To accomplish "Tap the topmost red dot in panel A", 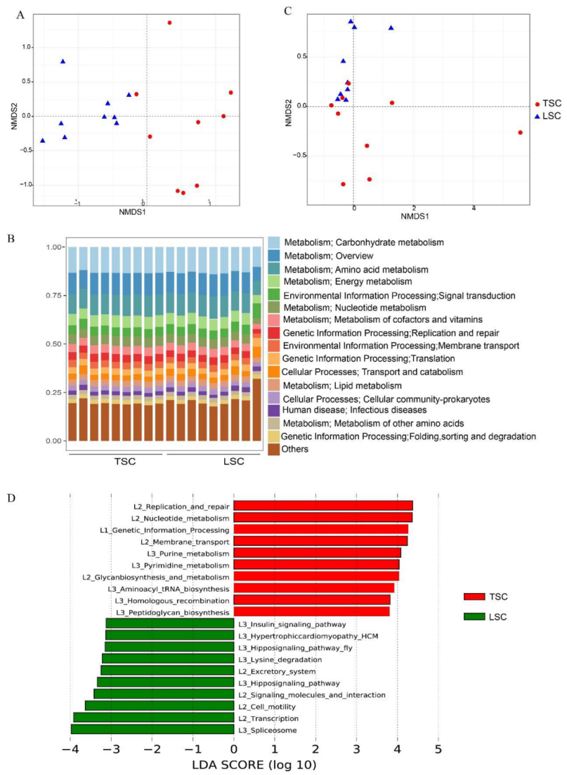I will (169, 22).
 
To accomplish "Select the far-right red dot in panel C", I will (521, 132).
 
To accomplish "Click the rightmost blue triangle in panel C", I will (391, 28).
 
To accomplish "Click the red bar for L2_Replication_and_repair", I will (322, 505).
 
